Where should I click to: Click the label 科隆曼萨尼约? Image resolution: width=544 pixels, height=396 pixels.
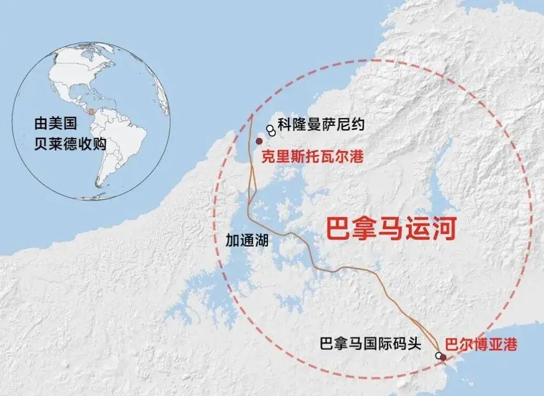click(321, 125)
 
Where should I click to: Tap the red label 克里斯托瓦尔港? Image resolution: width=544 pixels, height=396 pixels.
click(314, 157)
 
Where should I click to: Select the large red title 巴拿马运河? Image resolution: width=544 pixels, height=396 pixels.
click(390, 229)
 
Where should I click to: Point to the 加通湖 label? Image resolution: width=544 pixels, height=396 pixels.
click(247, 240)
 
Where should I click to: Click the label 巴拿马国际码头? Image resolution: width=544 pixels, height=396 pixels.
click(370, 344)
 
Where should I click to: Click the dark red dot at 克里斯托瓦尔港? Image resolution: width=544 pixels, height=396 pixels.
click(259, 141)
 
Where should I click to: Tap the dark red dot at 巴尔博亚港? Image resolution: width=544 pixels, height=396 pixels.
click(443, 358)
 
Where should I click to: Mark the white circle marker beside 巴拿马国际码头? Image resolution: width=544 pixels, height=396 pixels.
click(438, 356)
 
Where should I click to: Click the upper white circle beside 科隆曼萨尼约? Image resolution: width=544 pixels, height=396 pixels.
click(269, 128)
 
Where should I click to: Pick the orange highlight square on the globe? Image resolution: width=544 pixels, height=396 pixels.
click(92, 112)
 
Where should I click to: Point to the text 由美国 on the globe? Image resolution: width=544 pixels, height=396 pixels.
click(56, 124)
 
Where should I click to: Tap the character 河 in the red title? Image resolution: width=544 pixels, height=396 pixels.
click(442, 229)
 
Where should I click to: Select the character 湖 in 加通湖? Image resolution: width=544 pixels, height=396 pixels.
click(261, 240)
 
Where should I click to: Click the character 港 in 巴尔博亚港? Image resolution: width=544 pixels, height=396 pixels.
click(510, 345)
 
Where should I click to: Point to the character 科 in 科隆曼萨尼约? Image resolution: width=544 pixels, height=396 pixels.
click(285, 125)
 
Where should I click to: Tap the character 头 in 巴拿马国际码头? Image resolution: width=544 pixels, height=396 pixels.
click(415, 344)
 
